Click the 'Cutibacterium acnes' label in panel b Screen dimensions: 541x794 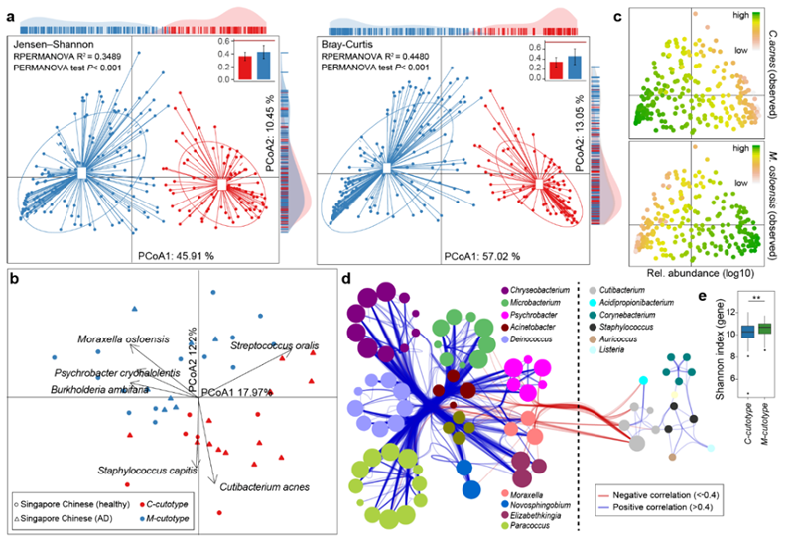(265, 487)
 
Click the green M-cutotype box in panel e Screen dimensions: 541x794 (763, 329)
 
